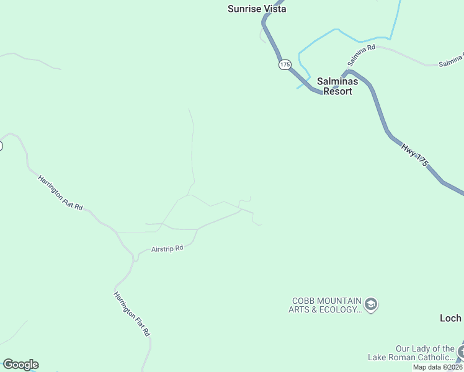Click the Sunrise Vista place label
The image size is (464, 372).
[x=257, y=9]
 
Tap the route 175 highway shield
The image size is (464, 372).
[x=285, y=64]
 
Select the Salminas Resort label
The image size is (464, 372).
[x=334, y=86]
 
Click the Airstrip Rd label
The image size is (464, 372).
[x=167, y=249]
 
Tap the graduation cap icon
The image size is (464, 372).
[x=372, y=304]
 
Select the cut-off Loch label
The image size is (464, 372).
[x=451, y=318]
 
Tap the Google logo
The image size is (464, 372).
[x=20, y=365]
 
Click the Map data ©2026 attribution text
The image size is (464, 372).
[x=438, y=367]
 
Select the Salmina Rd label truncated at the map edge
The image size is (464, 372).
[x=451, y=61]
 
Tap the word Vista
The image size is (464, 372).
[x=274, y=9]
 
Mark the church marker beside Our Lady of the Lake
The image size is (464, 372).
[x=461, y=352]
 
